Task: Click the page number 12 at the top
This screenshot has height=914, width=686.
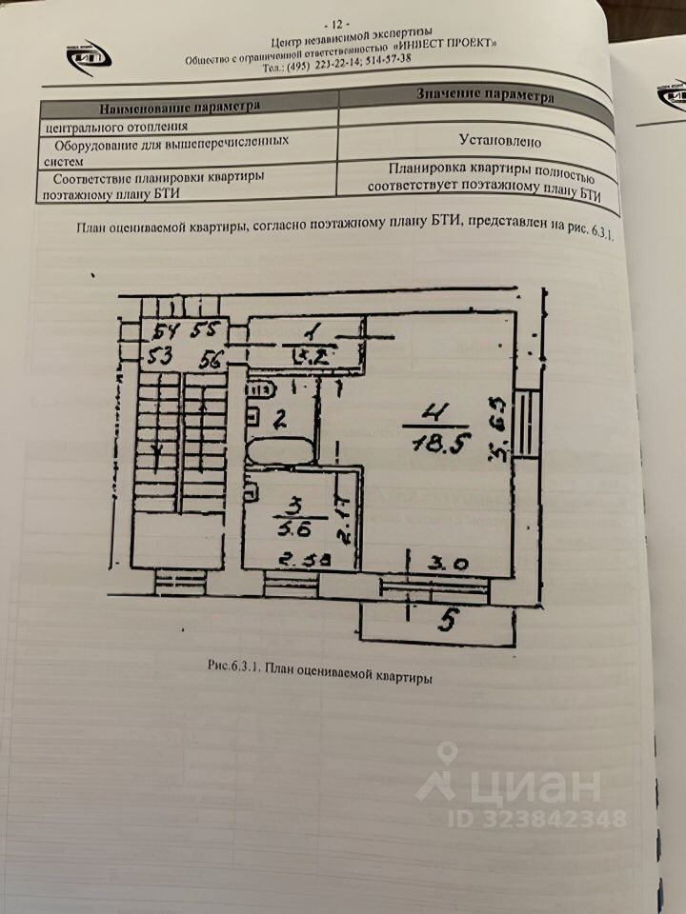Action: tap(337, 23)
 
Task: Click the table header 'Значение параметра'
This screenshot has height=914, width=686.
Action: tap(485, 95)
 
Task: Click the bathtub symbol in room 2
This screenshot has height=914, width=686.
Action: tap(280, 450)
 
